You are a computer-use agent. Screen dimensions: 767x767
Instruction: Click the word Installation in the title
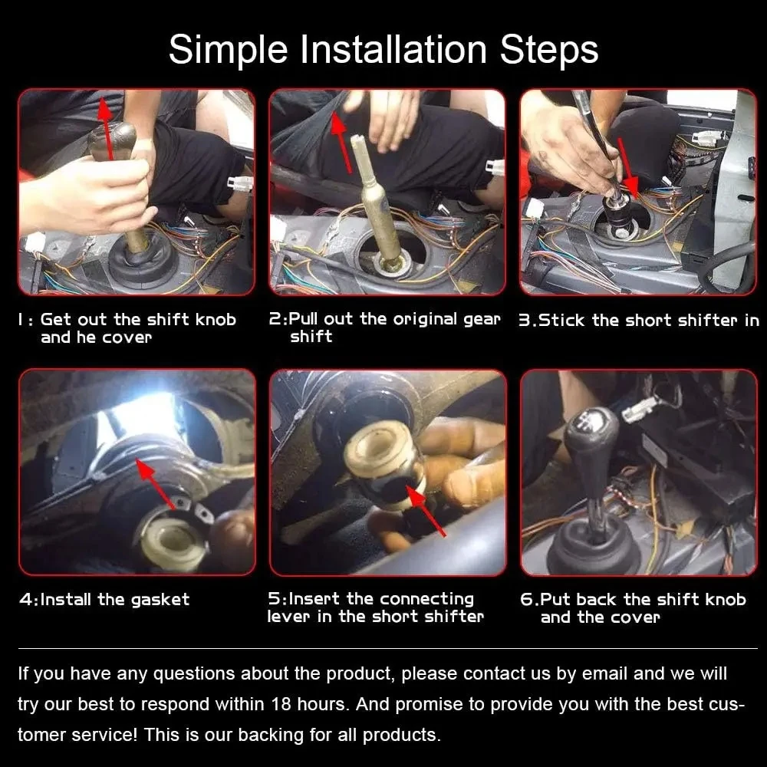point(393,49)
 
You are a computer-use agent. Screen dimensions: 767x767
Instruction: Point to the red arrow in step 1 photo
point(107,129)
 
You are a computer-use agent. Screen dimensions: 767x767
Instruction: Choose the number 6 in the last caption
point(526,600)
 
